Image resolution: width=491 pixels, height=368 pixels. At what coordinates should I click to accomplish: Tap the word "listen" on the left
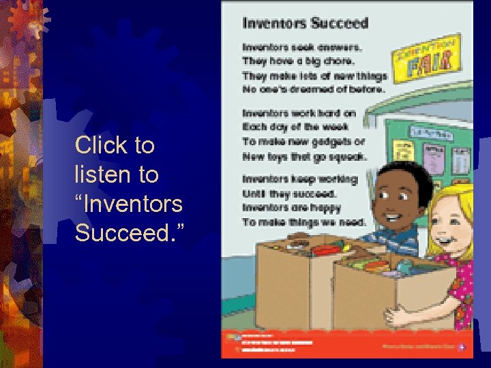click(x=104, y=174)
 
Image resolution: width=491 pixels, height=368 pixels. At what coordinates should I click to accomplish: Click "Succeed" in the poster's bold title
click(x=339, y=22)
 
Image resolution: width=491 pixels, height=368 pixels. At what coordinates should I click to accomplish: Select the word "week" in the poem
click(x=335, y=127)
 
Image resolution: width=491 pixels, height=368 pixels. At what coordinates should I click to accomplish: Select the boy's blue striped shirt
click(x=396, y=238)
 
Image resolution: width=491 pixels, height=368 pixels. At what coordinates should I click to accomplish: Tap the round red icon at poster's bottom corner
click(x=462, y=345)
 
